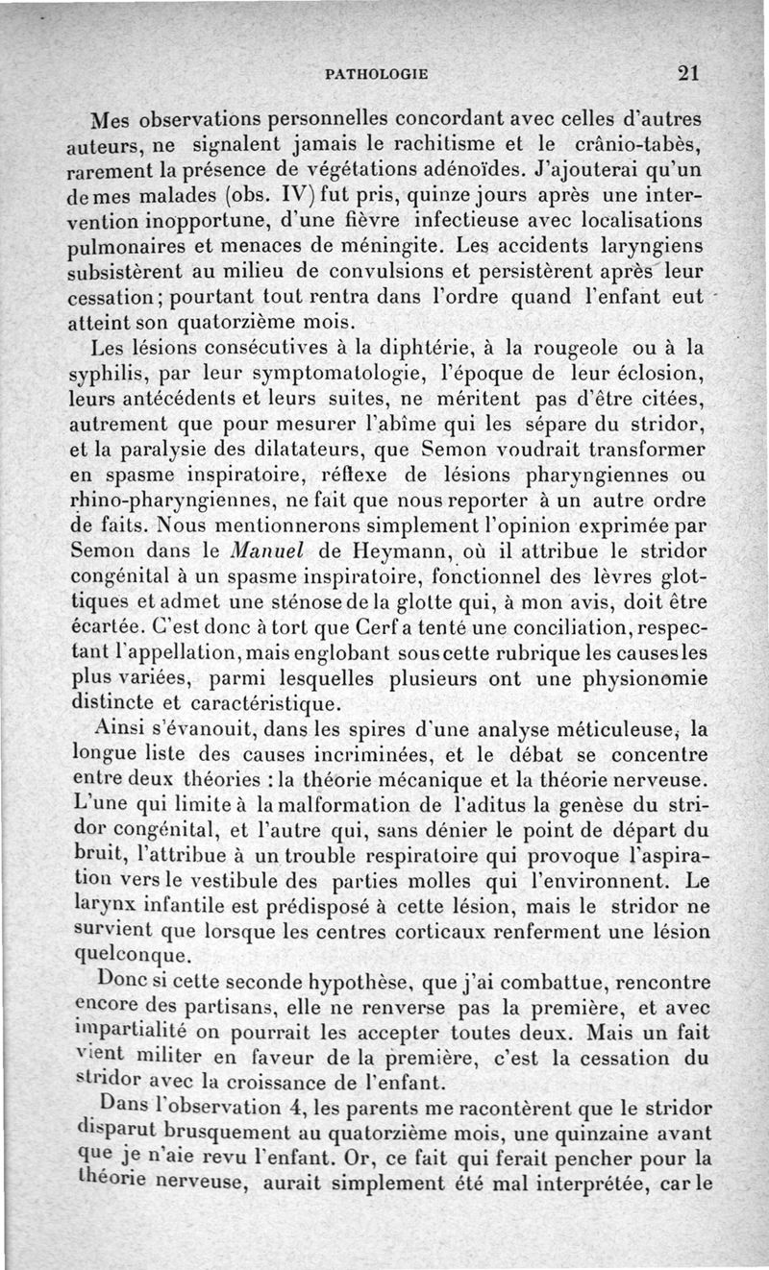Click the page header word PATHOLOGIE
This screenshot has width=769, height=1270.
tap(377, 72)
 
